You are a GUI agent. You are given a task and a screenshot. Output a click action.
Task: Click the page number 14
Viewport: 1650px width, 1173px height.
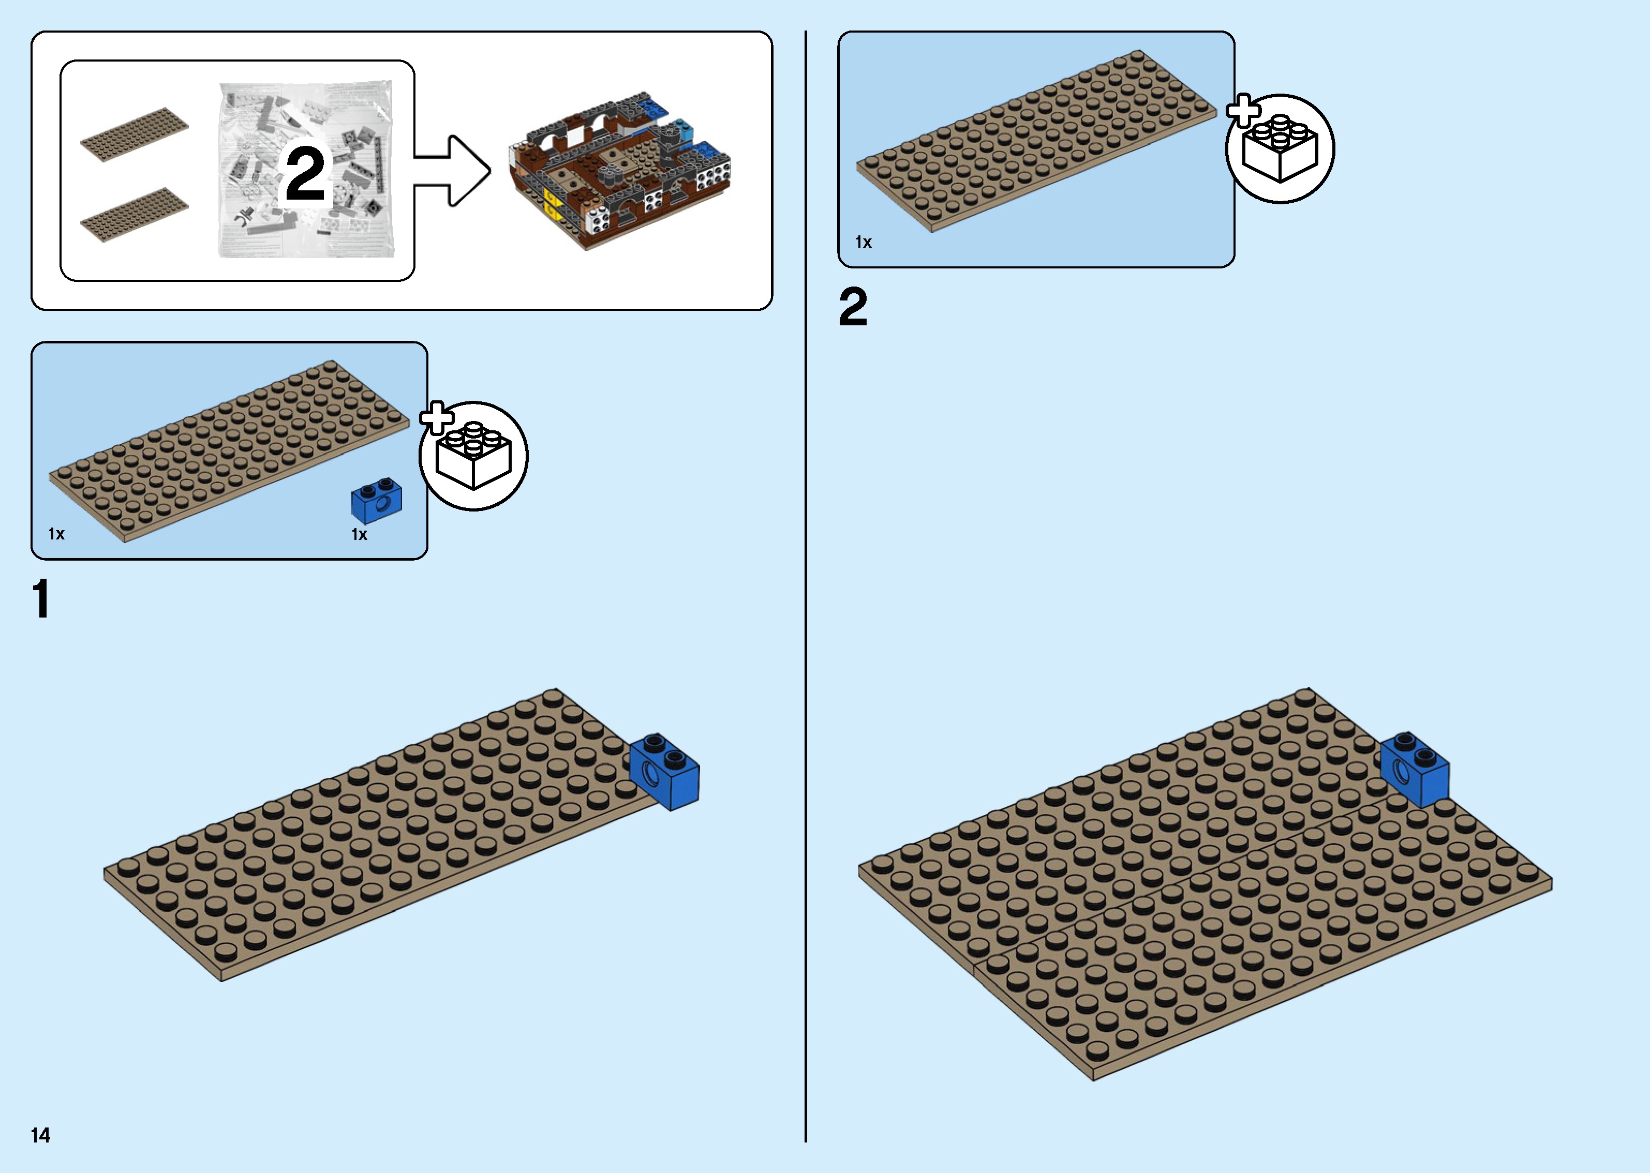pyautogui.click(x=40, y=1135)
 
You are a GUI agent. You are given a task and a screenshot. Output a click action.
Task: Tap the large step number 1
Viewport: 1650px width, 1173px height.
pyautogui.click(x=41, y=599)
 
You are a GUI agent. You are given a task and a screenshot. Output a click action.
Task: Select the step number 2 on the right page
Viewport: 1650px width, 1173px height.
pyautogui.click(x=853, y=307)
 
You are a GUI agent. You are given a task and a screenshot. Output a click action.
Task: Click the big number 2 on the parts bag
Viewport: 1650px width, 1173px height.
pyautogui.click(x=305, y=173)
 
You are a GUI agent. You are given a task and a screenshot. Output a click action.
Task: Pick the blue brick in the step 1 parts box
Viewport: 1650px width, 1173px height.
pyautogui.click(x=376, y=500)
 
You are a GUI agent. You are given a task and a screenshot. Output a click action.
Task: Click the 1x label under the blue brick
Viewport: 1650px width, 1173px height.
pyautogui.click(x=359, y=534)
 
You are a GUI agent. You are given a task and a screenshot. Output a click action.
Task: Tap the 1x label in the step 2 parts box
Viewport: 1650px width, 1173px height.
pyautogui.click(x=864, y=243)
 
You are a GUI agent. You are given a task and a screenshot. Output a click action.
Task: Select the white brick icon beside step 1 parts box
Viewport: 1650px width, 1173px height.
pyautogui.click(x=474, y=457)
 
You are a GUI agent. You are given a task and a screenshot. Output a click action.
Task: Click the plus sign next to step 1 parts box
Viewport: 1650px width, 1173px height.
pyautogui.click(x=436, y=417)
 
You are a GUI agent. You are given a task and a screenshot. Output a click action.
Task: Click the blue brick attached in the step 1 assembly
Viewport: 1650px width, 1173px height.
pyautogui.click(x=665, y=772)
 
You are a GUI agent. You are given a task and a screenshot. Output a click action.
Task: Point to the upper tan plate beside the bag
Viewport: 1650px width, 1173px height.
pyautogui.click(x=135, y=134)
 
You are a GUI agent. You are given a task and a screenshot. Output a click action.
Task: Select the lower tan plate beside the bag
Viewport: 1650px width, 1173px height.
pyautogui.click(x=135, y=215)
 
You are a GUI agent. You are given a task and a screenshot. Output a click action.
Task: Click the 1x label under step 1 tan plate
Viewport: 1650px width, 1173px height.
pyautogui.click(x=56, y=534)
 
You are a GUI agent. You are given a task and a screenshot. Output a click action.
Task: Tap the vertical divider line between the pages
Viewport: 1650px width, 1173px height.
pyautogui.click(x=806, y=578)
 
